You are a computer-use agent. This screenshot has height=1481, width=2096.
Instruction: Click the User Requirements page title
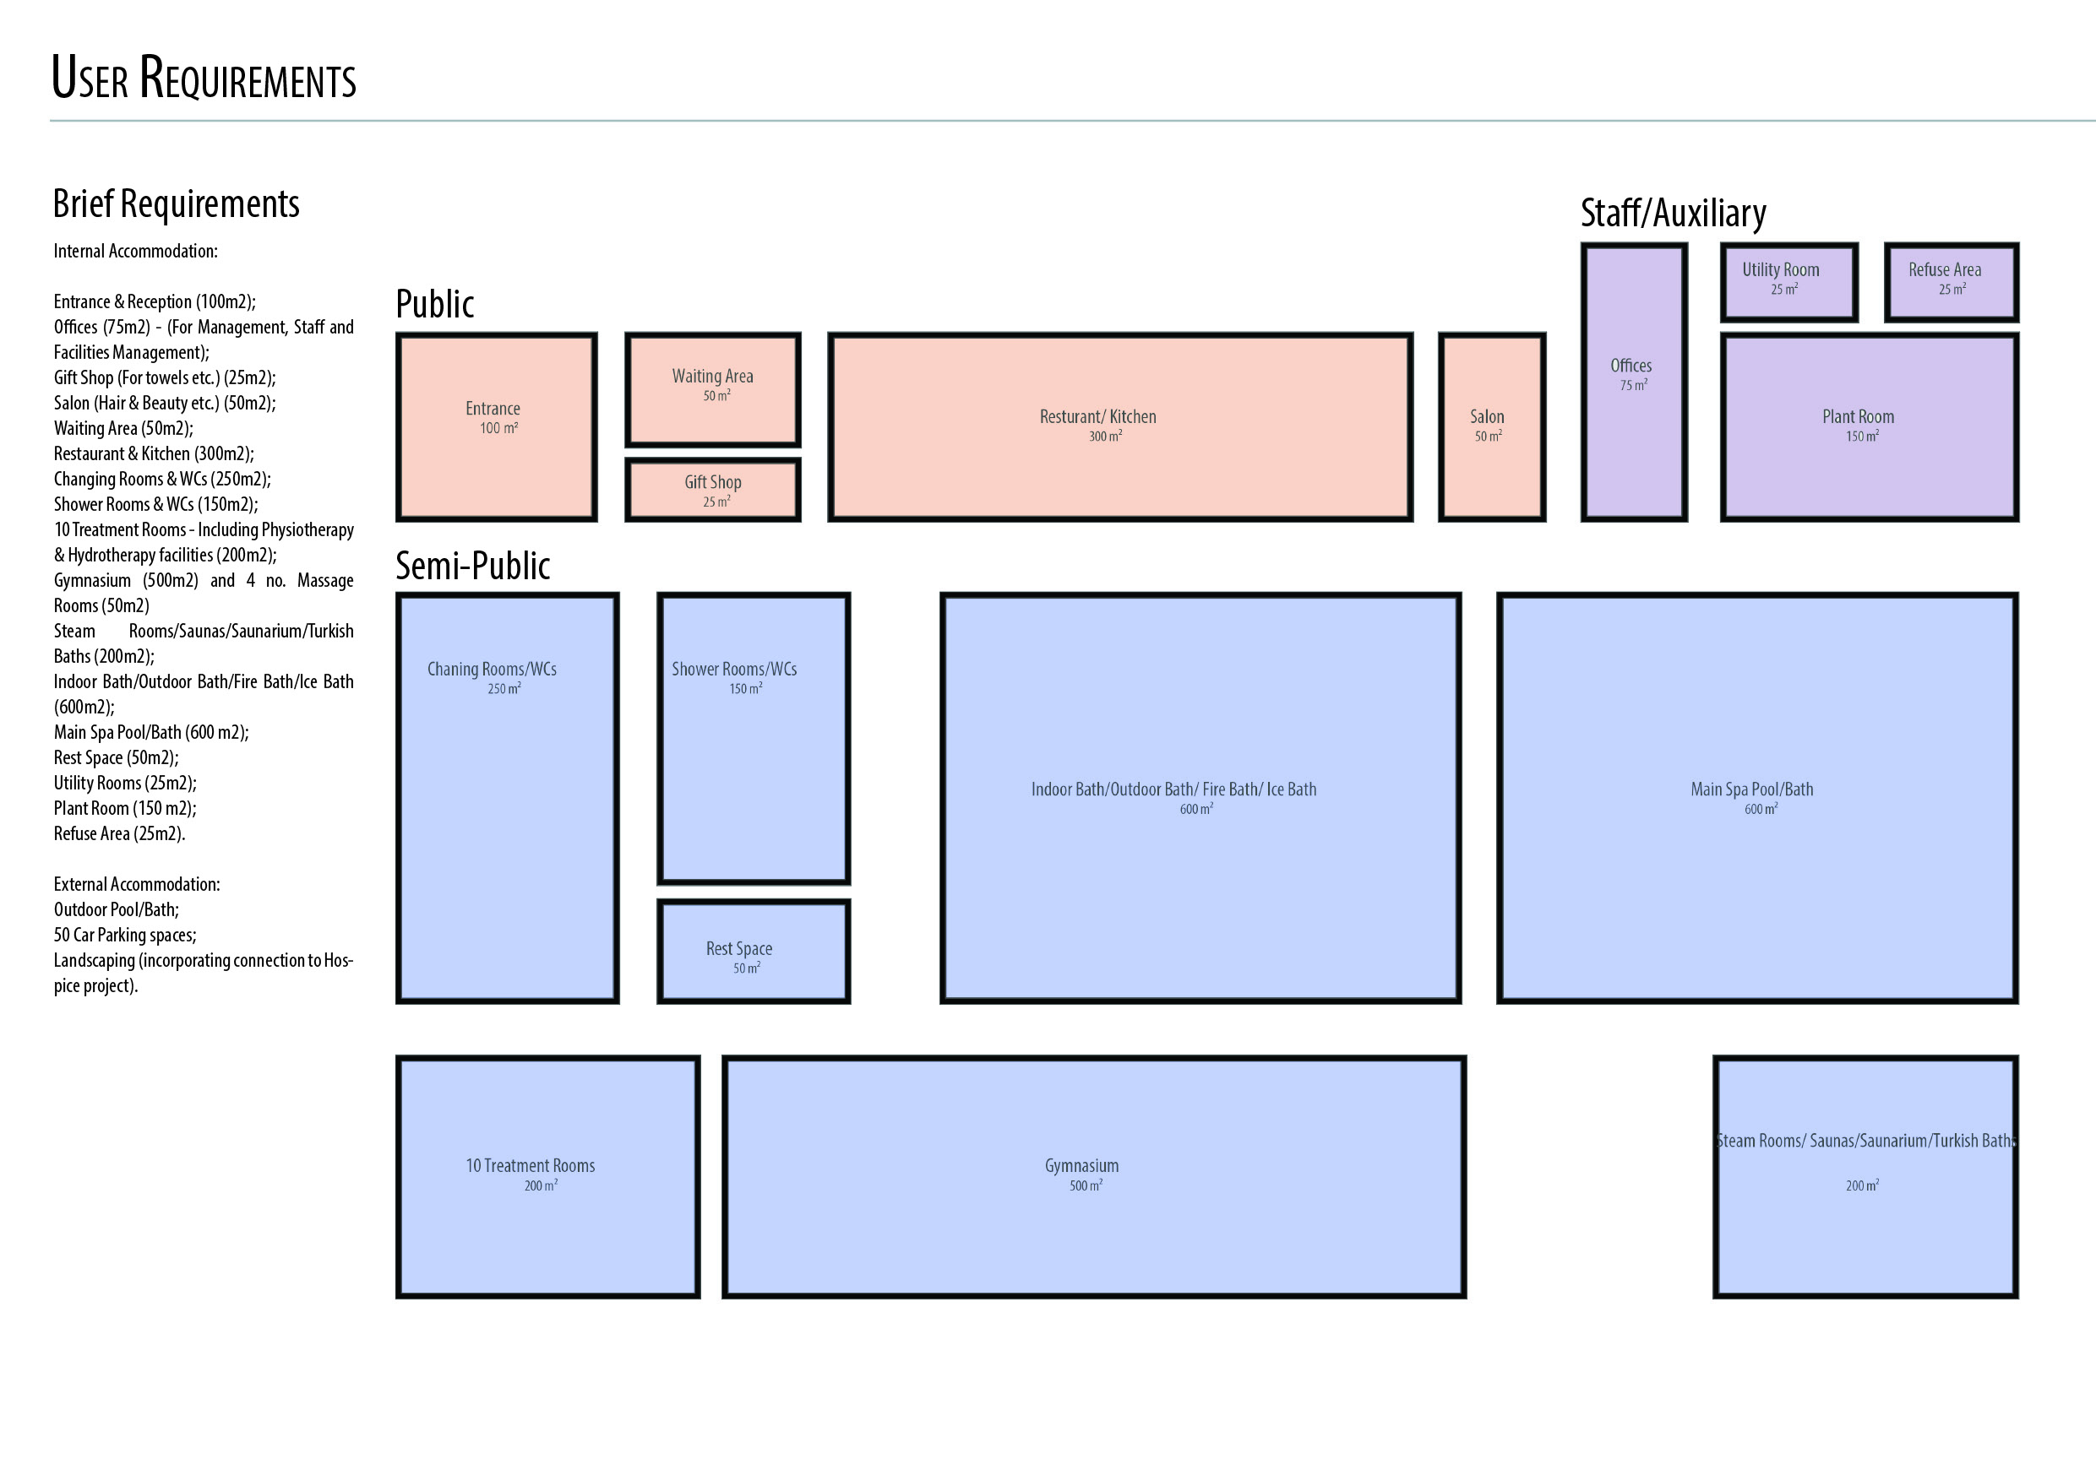tap(204, 78)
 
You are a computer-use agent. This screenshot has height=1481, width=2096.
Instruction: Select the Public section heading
tap(434, 304)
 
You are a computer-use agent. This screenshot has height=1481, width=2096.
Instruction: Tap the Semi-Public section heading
tap(472, 566)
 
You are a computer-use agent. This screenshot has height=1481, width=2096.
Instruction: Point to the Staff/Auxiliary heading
tap(1673, 213)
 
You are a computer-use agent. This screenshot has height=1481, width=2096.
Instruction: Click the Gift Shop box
tap(713, 490)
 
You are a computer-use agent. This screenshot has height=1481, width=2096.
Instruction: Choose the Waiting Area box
tap(713, 389)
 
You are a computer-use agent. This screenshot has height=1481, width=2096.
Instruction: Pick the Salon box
tap(1492, 427)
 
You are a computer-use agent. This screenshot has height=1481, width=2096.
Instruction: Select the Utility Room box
tap(1788, 282)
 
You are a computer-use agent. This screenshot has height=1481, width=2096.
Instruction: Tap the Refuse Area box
tap(1951, 282)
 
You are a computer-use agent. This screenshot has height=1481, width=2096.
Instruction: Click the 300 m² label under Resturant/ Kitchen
tap(1104, 437)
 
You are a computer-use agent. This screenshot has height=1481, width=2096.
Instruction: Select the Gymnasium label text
tap(1081, 1165)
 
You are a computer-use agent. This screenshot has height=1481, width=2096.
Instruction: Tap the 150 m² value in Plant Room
tap(1861, 437)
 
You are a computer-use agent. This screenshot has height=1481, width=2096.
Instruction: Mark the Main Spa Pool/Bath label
tap(1752, 789)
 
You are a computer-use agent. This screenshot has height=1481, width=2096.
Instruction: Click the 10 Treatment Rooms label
tap(531, 1165)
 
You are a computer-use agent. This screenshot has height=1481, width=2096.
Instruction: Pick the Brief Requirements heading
tap(177, 203)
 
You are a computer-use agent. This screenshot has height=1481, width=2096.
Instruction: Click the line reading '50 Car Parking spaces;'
tap(125, 935)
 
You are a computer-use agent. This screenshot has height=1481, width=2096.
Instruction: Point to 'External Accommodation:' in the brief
tap(137, 884)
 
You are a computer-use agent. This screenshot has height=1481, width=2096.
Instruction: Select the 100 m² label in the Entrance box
tap(498, 428)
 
